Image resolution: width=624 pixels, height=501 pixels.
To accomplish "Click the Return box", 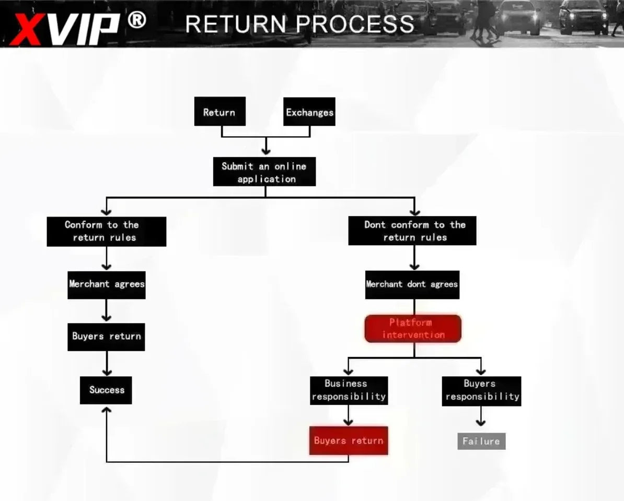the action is pyautogui.click(x=219, y=111).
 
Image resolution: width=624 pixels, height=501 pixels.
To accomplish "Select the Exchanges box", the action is pyautogui.click(x=309, y=112).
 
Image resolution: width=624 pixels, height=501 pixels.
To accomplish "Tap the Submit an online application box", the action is pyautogui.click(x=264, y=172).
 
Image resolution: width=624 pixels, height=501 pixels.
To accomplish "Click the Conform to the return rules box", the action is pyautogui.click(x=106, y=231).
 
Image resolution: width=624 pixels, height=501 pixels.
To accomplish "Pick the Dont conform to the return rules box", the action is pyautogui.click(x=412, y=231).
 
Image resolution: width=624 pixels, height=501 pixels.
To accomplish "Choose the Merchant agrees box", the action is pyautogui.click(x=106, y=285).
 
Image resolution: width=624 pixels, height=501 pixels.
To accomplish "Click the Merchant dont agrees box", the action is pyautogui.click(x=412, y=284).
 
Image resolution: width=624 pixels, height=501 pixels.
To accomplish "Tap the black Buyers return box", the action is pyautogui.click(x=106, y=337).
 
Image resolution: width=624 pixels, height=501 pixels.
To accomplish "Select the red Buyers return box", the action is pyautogui.click(x=349, y=440).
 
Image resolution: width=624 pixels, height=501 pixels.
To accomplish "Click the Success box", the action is pyautogui.click(x=106, y=390).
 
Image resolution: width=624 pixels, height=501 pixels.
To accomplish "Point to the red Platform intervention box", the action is pyautogui.click(x=413, y=329).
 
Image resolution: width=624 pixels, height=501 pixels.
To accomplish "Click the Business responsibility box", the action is pyautogui.click(x=349, y=390).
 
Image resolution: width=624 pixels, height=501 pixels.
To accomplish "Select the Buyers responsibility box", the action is pyautogui.click(x=481, y=391).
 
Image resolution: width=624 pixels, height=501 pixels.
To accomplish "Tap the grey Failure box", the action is pyautogui.click(x=481, y=441).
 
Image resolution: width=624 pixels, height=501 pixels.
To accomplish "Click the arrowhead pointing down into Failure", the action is pyautogui.click(x=481, y=422).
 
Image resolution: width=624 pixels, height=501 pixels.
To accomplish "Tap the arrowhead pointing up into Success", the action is pyautogui.click(x=106, y=410).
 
